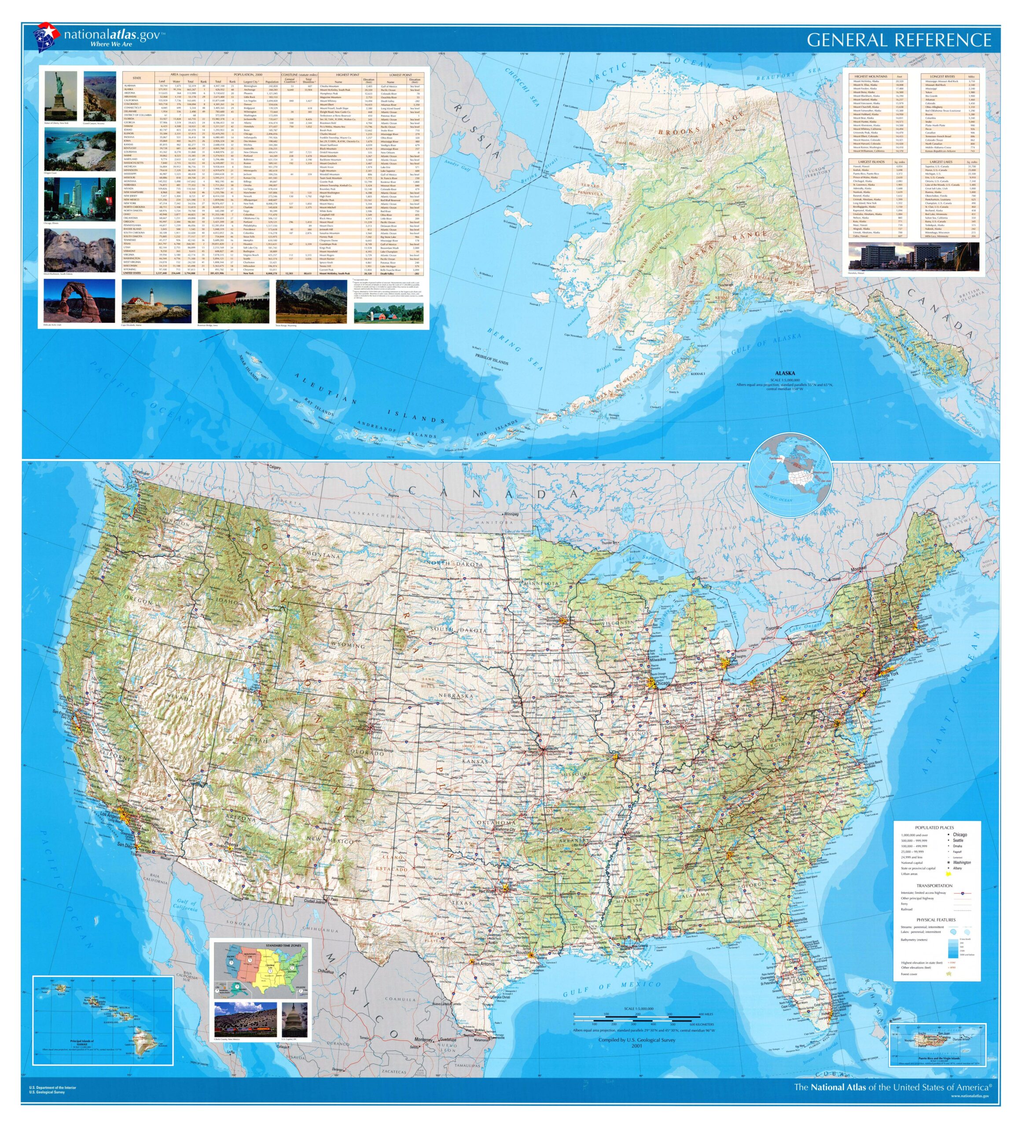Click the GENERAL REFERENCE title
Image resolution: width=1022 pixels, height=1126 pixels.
[x=898, y=40]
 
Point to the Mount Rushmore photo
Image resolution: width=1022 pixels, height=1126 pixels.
[x=79, y=250]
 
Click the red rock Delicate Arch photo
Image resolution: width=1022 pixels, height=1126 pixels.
[x=79, y=301]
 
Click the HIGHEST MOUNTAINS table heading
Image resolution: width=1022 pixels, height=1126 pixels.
[x=870, y=76]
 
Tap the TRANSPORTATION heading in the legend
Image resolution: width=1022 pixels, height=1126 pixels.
[x=934, y=886]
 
